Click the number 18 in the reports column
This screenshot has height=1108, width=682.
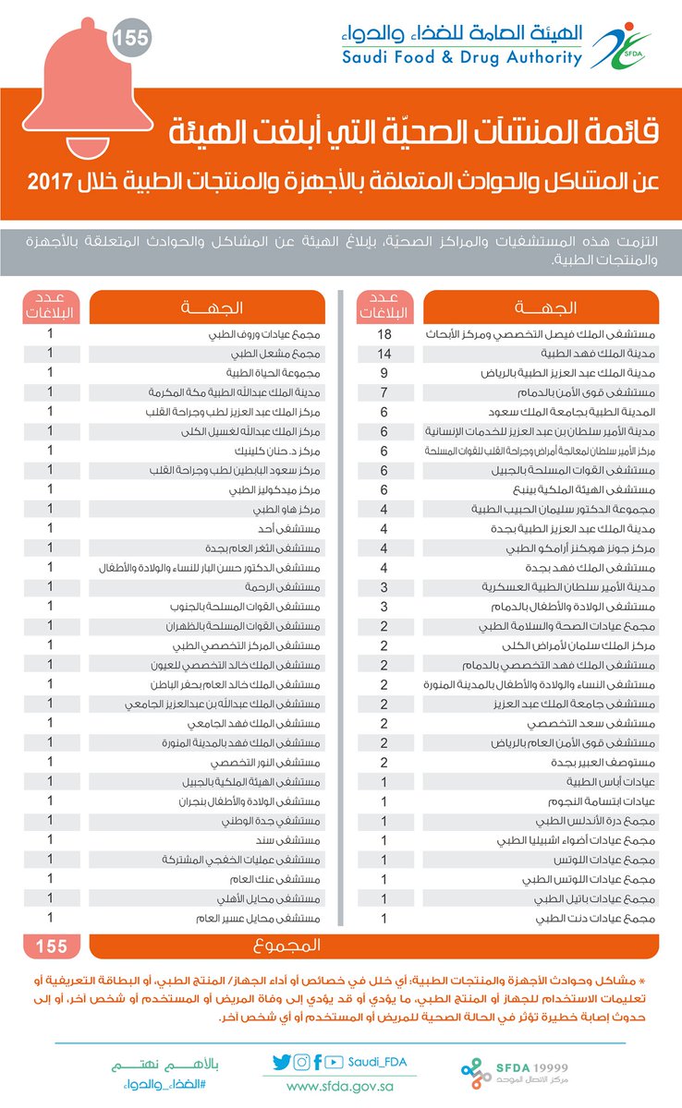pos(384,332)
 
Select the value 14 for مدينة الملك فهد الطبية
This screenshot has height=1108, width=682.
pos(384,354)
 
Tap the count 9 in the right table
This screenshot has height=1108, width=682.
pos(384,373)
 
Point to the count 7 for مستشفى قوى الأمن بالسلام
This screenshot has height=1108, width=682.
pos(384,392)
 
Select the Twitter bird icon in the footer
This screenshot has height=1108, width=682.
pos(282,1063)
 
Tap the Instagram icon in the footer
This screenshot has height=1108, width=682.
pos(301,1063)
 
